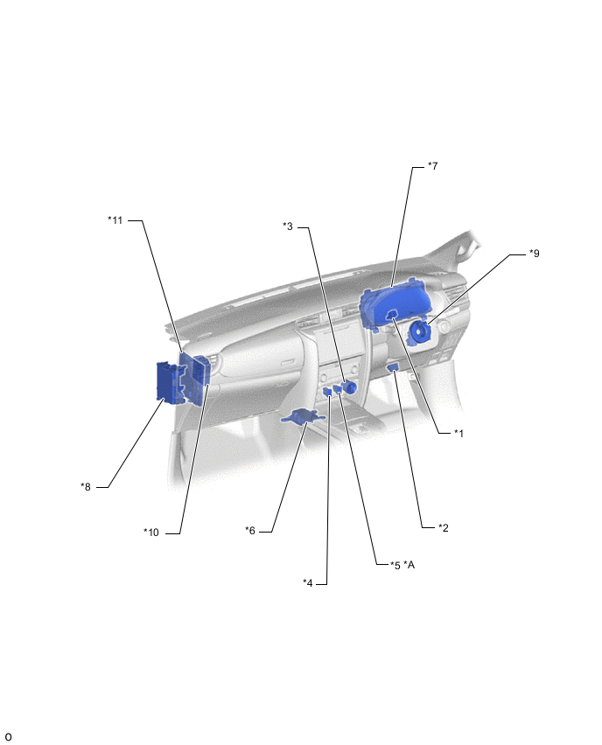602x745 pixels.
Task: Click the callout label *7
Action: pyautogui.click(x=432, y=166)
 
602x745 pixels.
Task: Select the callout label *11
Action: pyautogui.click(x=115, y=220)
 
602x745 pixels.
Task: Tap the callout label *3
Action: pyautogui.click(x=288, y=226)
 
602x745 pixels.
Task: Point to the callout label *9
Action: pyautogui.click(x=535, y=254)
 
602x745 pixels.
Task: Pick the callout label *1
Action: pyautogui.click(x=458, y=433)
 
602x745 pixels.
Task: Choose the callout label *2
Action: pyautogui.click(x=443, y=527)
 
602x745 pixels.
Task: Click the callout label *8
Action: pyautogui.click(x=86, y=486)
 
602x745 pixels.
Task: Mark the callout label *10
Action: pyautogui.click(x=151, y=533)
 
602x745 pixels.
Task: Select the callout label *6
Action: pyautogui.click(x=250, y=530)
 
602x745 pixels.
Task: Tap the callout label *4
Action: pyautogui.click(x=308, y=582)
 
